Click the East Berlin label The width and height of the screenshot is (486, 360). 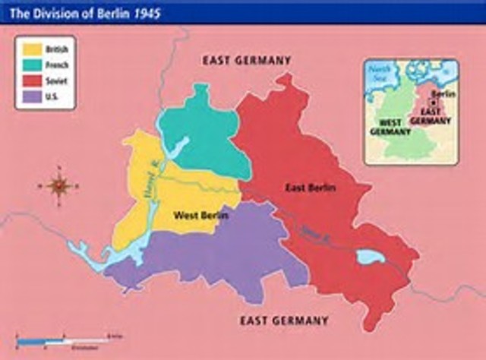pyautogui.click(x=311, y=187)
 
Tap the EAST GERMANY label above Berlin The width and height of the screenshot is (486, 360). pyautogui.click(x=246, y=60)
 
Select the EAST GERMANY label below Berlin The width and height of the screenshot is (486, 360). pyautogui.click(x=285, y=321)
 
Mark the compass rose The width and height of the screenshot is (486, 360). pyautogui.click(x=58, y=185)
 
